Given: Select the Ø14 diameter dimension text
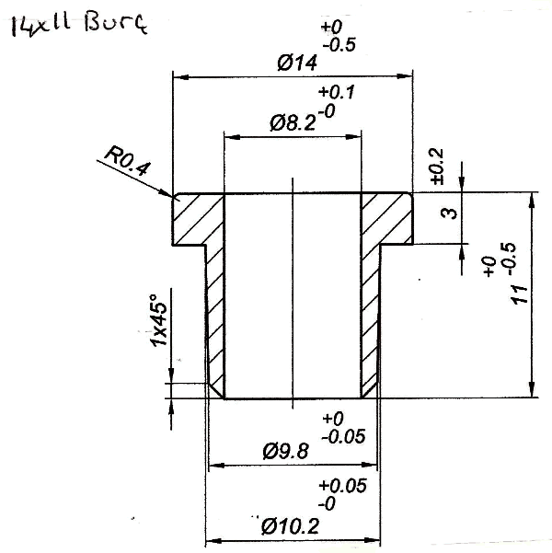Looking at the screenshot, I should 296,63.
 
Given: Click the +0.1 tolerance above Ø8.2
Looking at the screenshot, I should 337,93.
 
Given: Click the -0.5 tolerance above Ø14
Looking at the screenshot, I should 340,46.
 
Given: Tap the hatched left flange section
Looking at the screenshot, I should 198,219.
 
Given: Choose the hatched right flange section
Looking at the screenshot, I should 385,219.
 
